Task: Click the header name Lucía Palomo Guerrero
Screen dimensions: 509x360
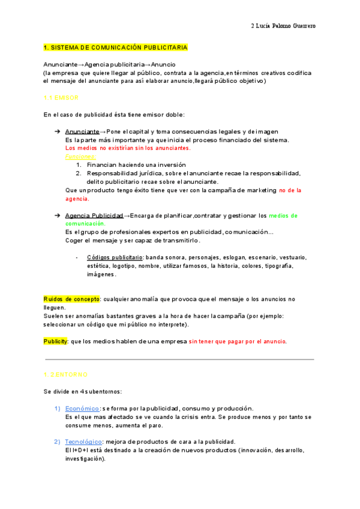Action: [286, 26]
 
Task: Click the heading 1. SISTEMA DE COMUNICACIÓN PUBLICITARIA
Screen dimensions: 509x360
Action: [116, 47]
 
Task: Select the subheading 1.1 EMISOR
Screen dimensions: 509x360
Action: [61, 97]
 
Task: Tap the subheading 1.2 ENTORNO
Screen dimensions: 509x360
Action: [66, 374]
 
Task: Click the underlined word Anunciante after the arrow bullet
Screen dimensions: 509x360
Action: [82, 131]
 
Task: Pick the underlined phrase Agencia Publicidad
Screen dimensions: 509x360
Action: [94, 215]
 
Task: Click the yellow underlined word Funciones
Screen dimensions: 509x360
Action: [78, 156]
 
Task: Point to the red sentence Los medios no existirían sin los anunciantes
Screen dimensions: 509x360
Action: [128, 148]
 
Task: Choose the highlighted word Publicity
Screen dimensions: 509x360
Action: [55, 341]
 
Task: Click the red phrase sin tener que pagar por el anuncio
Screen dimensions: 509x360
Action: [238, 341]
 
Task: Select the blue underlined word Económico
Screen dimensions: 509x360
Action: [82, 408]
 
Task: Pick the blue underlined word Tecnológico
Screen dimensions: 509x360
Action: [85, 441]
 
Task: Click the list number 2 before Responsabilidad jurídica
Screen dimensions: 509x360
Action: [79, 173]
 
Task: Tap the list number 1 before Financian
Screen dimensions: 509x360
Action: [79, 164]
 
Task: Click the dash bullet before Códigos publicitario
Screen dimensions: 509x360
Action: [77, 257]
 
